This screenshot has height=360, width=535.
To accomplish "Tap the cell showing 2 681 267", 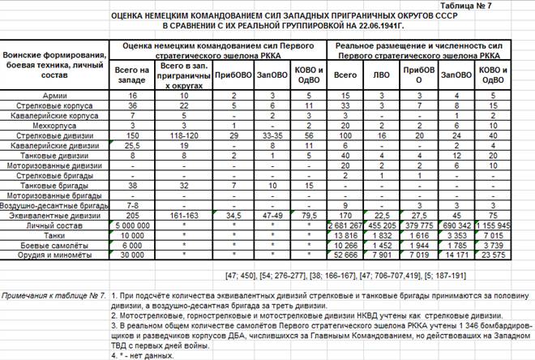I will pyautogui.click(x=346, y=225).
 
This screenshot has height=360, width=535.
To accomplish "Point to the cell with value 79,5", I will pyautogui.click(x=309, y=215).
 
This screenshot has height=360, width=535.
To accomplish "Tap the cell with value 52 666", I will pyautogui.click(x=346, y=254).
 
